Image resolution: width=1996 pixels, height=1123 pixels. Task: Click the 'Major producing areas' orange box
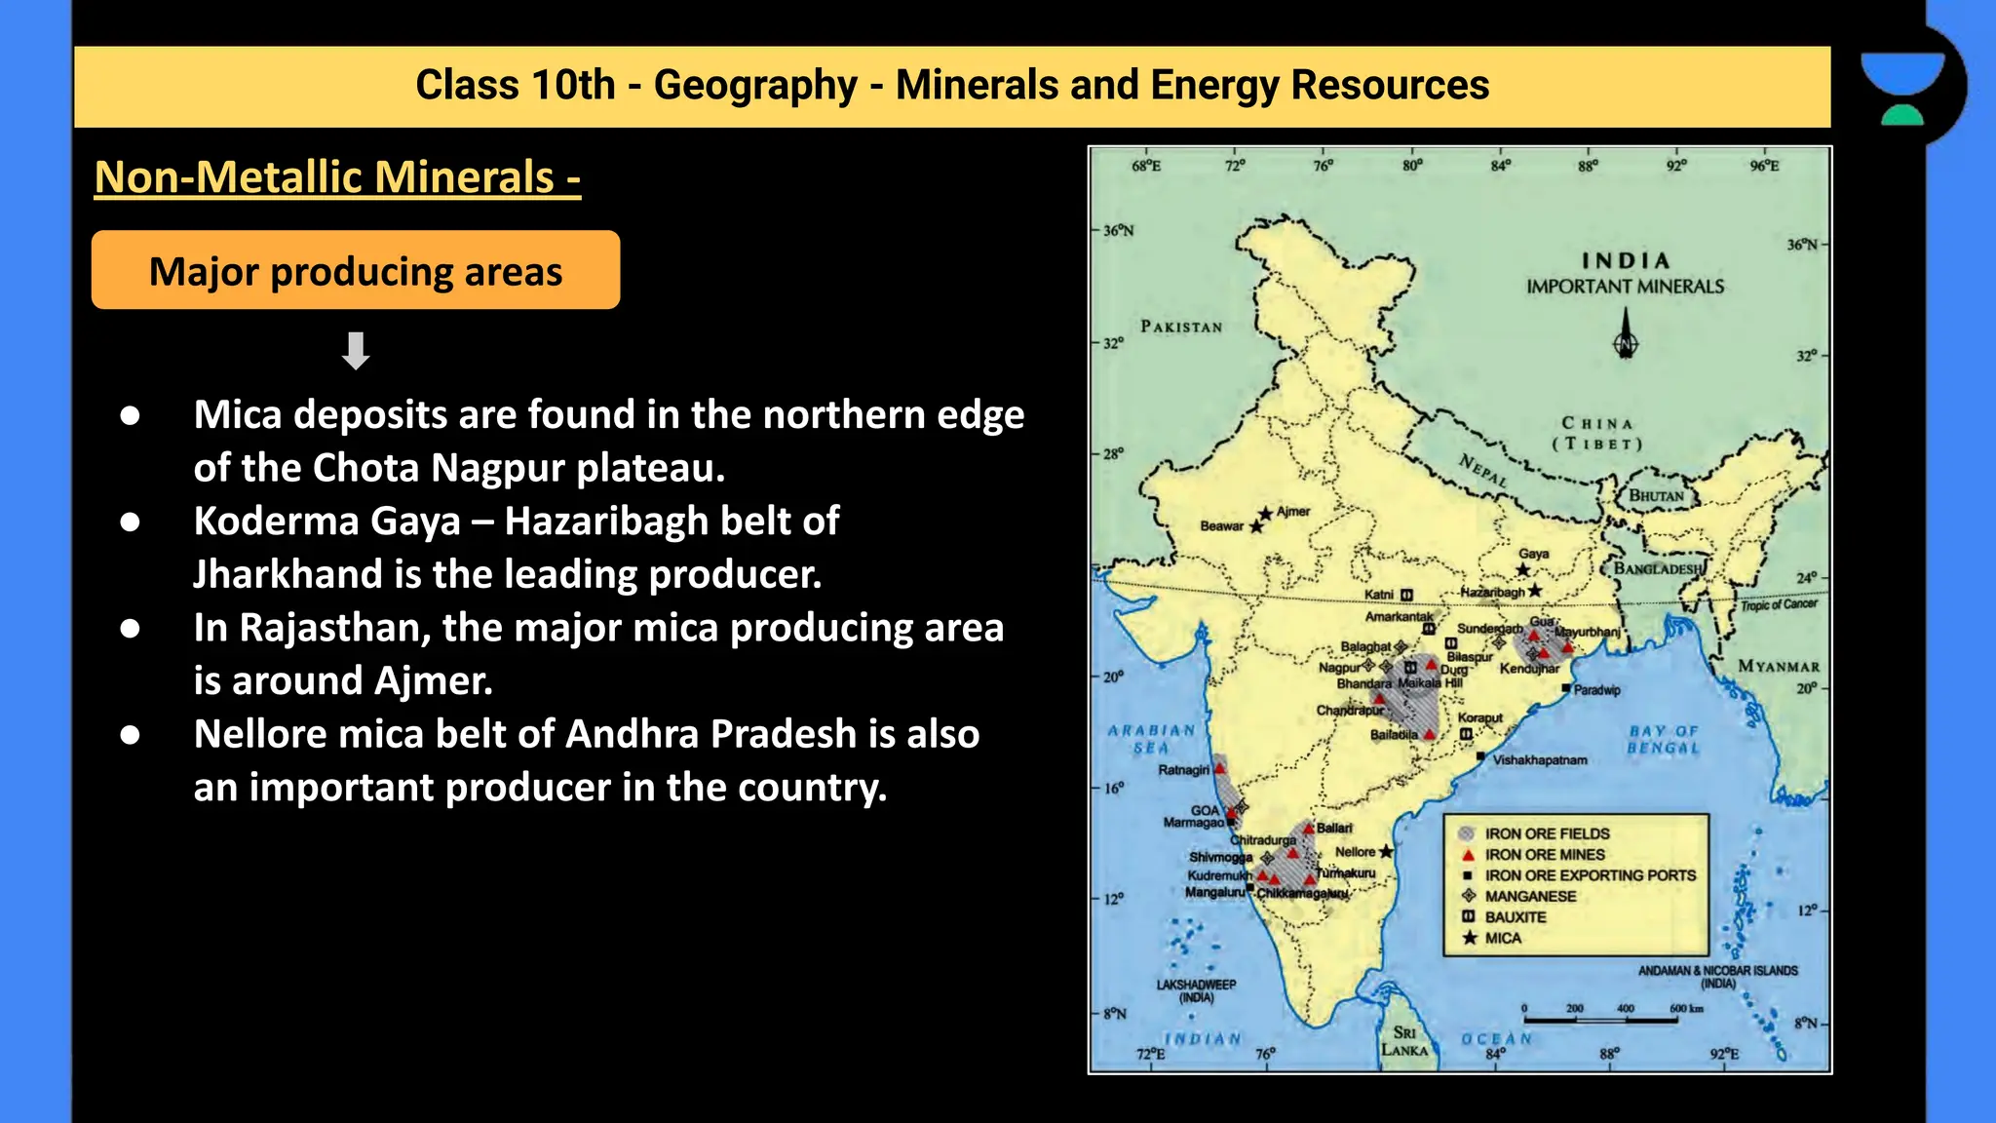pyautogui.click(x=355, y=271)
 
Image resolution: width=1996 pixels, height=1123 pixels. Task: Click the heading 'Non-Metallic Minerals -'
pyautogui.click(x=337, y=177)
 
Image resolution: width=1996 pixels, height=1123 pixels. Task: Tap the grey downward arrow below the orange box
pyautogui.click(x=356, y=351)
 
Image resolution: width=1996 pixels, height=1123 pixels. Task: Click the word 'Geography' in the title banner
pyautogui.click(x=755, y=85)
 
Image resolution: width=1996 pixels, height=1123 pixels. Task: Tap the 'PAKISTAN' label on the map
pyautogui.click(x=1181, y=328)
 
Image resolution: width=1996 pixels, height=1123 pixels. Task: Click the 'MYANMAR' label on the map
pyautogui.click(x=1779, y=667)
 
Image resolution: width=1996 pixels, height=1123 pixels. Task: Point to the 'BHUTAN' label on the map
pyautogui.click(x=1656, y=496)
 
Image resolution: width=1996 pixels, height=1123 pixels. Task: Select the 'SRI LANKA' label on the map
pyautogui.click(x=1404, y=1041)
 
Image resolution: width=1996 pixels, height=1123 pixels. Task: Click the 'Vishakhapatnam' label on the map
pyautogui.click(x=1540, y=760)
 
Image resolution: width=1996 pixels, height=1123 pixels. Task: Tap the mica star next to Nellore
pyautogui.click(x=1386, y=852)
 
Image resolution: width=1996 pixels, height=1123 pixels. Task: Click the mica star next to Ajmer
pyautogui.click(x=1265, y=514)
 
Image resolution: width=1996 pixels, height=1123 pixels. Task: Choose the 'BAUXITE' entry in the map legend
pyautogui.click(x=1516, y=917)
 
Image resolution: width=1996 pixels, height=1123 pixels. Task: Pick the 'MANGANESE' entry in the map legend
pyautogui.click(x=1529, y=896)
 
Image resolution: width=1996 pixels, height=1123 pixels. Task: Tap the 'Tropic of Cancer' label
pyautogui.click(x=1779, y=604)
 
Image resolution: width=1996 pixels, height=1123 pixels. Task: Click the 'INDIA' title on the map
pyautogui.click(x=1625, y=261)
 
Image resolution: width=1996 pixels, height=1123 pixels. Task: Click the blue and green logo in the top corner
pyautogui.click(x=1902, y=88)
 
